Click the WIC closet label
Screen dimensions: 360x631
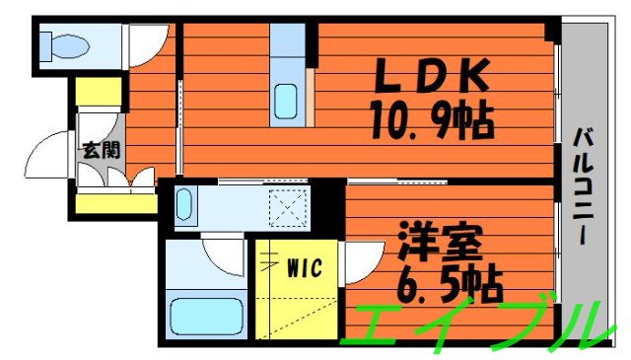[303, 265]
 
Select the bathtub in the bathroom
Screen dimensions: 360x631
[206, 317]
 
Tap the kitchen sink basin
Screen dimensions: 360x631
[287, 101]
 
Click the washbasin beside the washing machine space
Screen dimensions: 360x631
[186, 207]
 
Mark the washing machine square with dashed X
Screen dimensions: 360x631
[290, 209]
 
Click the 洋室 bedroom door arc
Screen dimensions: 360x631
[360, 262]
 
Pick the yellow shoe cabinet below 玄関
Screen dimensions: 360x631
[115, 205]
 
